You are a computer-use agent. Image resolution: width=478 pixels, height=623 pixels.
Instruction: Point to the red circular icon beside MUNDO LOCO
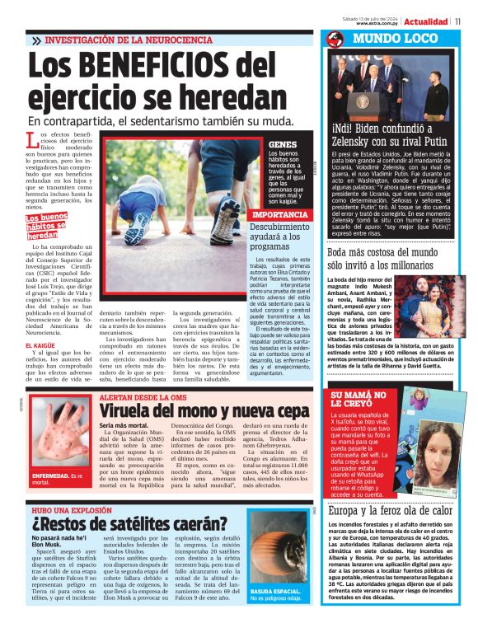pyautogui.click(x=335, y=40)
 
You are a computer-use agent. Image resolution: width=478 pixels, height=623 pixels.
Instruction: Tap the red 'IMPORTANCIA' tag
pyautogui.click(x=258, y=213)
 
